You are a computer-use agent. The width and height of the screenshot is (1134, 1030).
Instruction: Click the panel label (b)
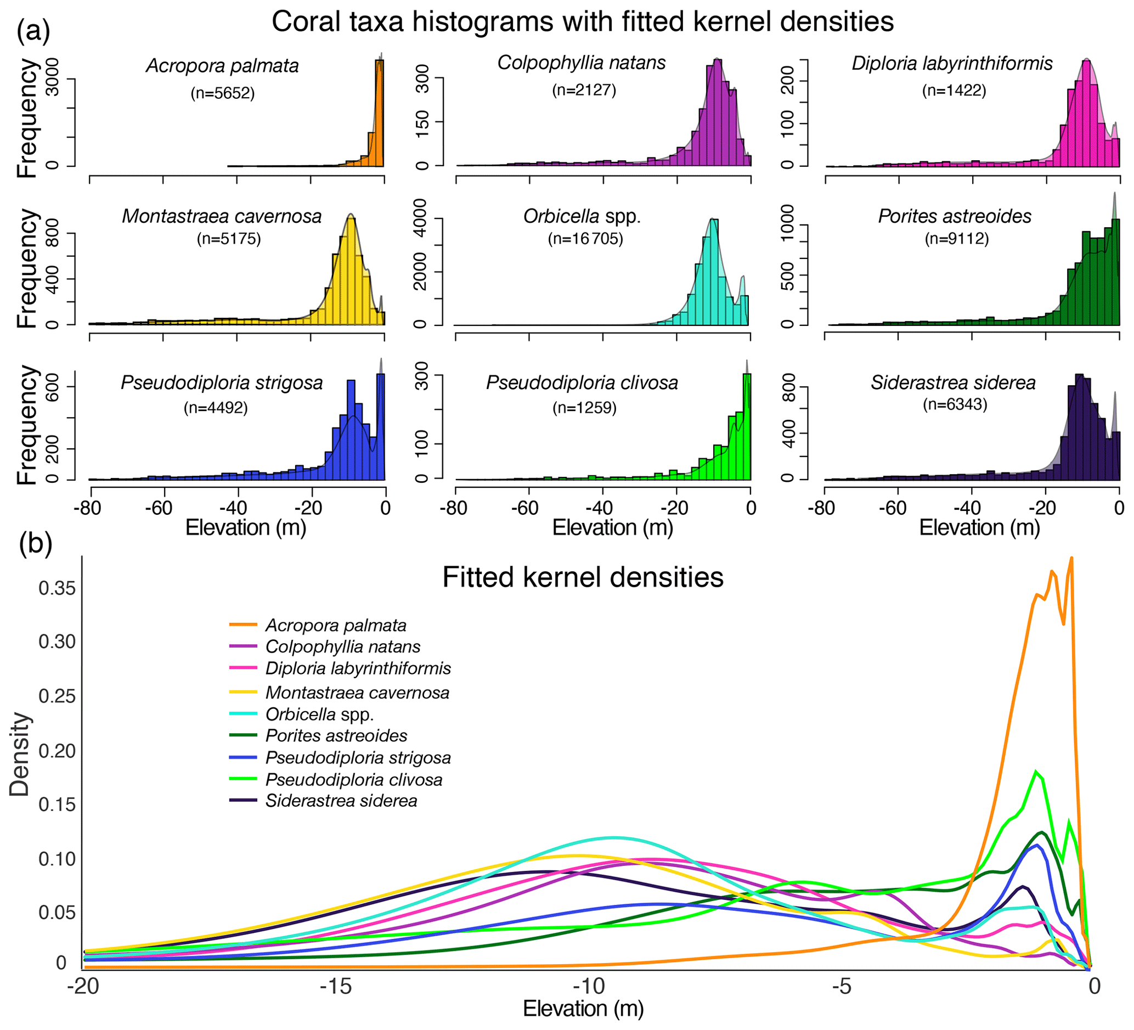pyautogui.click(x=36, y=544)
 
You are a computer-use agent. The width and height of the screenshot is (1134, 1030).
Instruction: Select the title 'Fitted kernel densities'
pyautogui.click(x=583, y=577)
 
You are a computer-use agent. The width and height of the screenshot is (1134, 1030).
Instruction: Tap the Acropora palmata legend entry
pyautogui.click(x=335, y=625)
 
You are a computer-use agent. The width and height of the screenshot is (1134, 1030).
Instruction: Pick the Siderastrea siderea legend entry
pyautogui.click(x=341, y=801)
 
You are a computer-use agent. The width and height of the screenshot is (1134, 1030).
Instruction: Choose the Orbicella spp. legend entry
pyautogui.click(x=319, y=714)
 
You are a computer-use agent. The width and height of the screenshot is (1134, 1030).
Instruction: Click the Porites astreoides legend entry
pyautogui.click(x=336, y=735)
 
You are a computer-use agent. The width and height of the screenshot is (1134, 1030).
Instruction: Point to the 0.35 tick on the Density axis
pyautogui.click(x=57, y=588)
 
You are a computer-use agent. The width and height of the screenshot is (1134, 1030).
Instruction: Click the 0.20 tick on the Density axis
pyautogui.click(x=57, y=751)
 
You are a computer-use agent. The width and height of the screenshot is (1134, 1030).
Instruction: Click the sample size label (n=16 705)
pyautogui.click(x=585, y=239)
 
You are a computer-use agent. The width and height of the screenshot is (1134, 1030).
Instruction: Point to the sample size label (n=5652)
pyautogui.click(x=223, y=93)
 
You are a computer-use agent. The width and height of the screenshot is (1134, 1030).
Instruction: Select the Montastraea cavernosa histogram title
pyautogui.click(x=222, y=216)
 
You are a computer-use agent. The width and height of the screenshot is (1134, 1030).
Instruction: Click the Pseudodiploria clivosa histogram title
pyautogui.click(x=582, y=382)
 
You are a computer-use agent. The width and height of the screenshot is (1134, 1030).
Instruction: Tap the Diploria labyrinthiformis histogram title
pyautogui.click(x=952, y=63)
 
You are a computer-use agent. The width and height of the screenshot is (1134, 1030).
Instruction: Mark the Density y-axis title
pyautogui.click(x=20, y=755)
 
